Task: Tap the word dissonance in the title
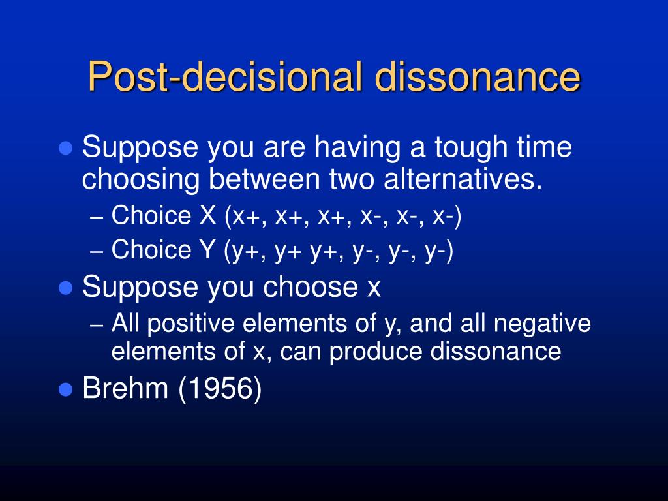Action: click(478, 76)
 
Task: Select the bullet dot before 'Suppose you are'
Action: click(66, 148)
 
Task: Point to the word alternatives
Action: click(463, 179)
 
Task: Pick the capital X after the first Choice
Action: click(208, 215)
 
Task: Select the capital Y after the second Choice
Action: click(207, 249)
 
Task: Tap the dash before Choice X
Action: click(97, 217)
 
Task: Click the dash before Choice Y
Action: click(97, 251)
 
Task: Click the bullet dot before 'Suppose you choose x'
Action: click(66, 288)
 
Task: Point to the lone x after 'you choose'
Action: click(374, 289)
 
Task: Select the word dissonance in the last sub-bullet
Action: click(496, 352)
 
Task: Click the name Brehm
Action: click(125, 388)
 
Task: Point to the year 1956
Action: click(220, 389)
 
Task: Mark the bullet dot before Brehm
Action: click(66, 390)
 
